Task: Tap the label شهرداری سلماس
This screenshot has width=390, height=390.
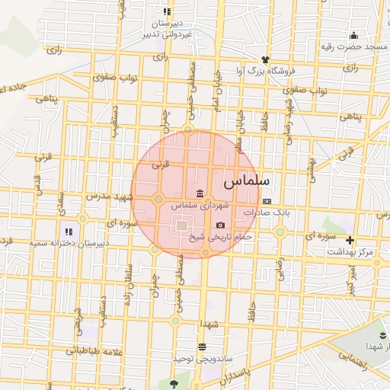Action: (200, 206)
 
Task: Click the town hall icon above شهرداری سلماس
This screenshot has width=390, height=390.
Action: (200, 193)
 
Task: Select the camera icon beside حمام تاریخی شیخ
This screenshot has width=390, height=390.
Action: (221, 225)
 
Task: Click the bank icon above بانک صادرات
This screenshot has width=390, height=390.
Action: (266, 201)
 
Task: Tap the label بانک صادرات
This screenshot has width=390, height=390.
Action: (267, 213)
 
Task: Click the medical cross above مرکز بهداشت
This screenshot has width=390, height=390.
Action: (350, 240)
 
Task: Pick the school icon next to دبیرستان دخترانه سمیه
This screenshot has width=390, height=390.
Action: (69, 231)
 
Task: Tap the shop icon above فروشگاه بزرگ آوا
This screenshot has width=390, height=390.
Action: (265, 59)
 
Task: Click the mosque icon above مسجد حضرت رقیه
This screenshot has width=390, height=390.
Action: (353, 35)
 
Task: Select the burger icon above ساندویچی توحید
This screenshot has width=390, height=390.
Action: (202, 347)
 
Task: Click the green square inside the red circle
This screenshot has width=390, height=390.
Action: (181, 225)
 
